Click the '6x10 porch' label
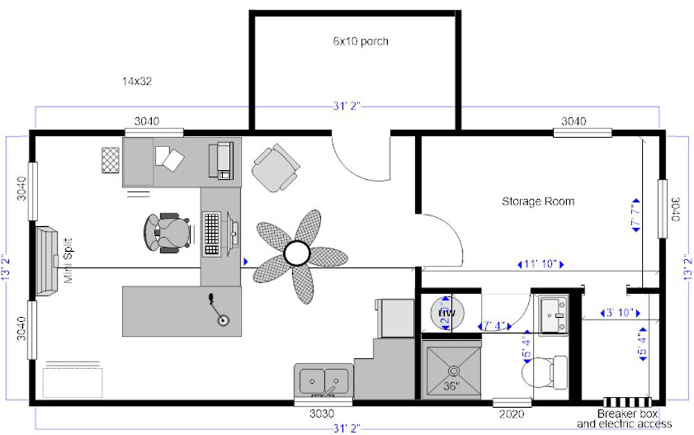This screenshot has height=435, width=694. pos(360,41)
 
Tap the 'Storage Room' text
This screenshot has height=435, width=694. pos(538,201)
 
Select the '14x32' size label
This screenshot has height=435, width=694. pos(137,81)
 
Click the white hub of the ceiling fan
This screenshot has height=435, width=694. pos(297,253)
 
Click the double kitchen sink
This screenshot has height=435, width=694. pos(323,380)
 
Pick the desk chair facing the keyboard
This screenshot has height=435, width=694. pos(167,231)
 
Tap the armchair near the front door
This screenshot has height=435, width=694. pos(276,167)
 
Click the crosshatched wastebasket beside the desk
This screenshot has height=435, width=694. pos(111,160)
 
